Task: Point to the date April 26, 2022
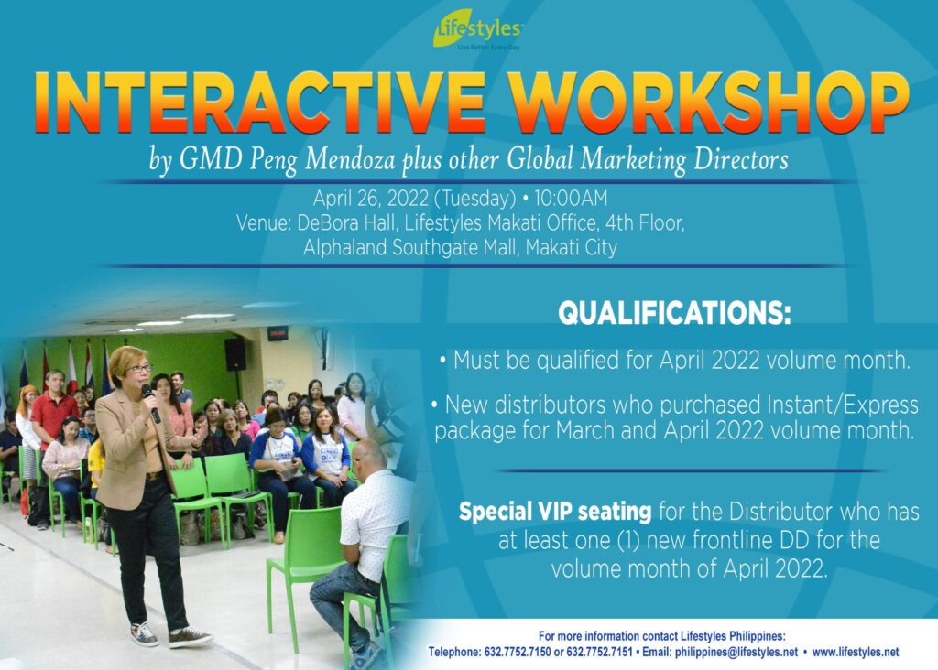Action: pyautogui.click(x=371, y=198)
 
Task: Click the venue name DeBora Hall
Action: pyautogui.click(x=345, y=223)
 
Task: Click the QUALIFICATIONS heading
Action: pyautogui.click(x=674, y=313)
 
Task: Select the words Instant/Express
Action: pyautogui.click(x=843, y=405)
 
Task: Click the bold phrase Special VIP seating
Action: pyautogui.click(x=555, y=513)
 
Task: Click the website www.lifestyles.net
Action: pyautogui.click(x=856, y=652)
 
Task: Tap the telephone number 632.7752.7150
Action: pyautogui.click(x=517, y=652)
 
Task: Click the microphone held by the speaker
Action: pyautogui.click(x=150, y=404)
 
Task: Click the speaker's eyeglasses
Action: pyautogui.click(x=139, y=369)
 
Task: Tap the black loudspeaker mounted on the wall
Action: pyautogui.click(x=235, y=354)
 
